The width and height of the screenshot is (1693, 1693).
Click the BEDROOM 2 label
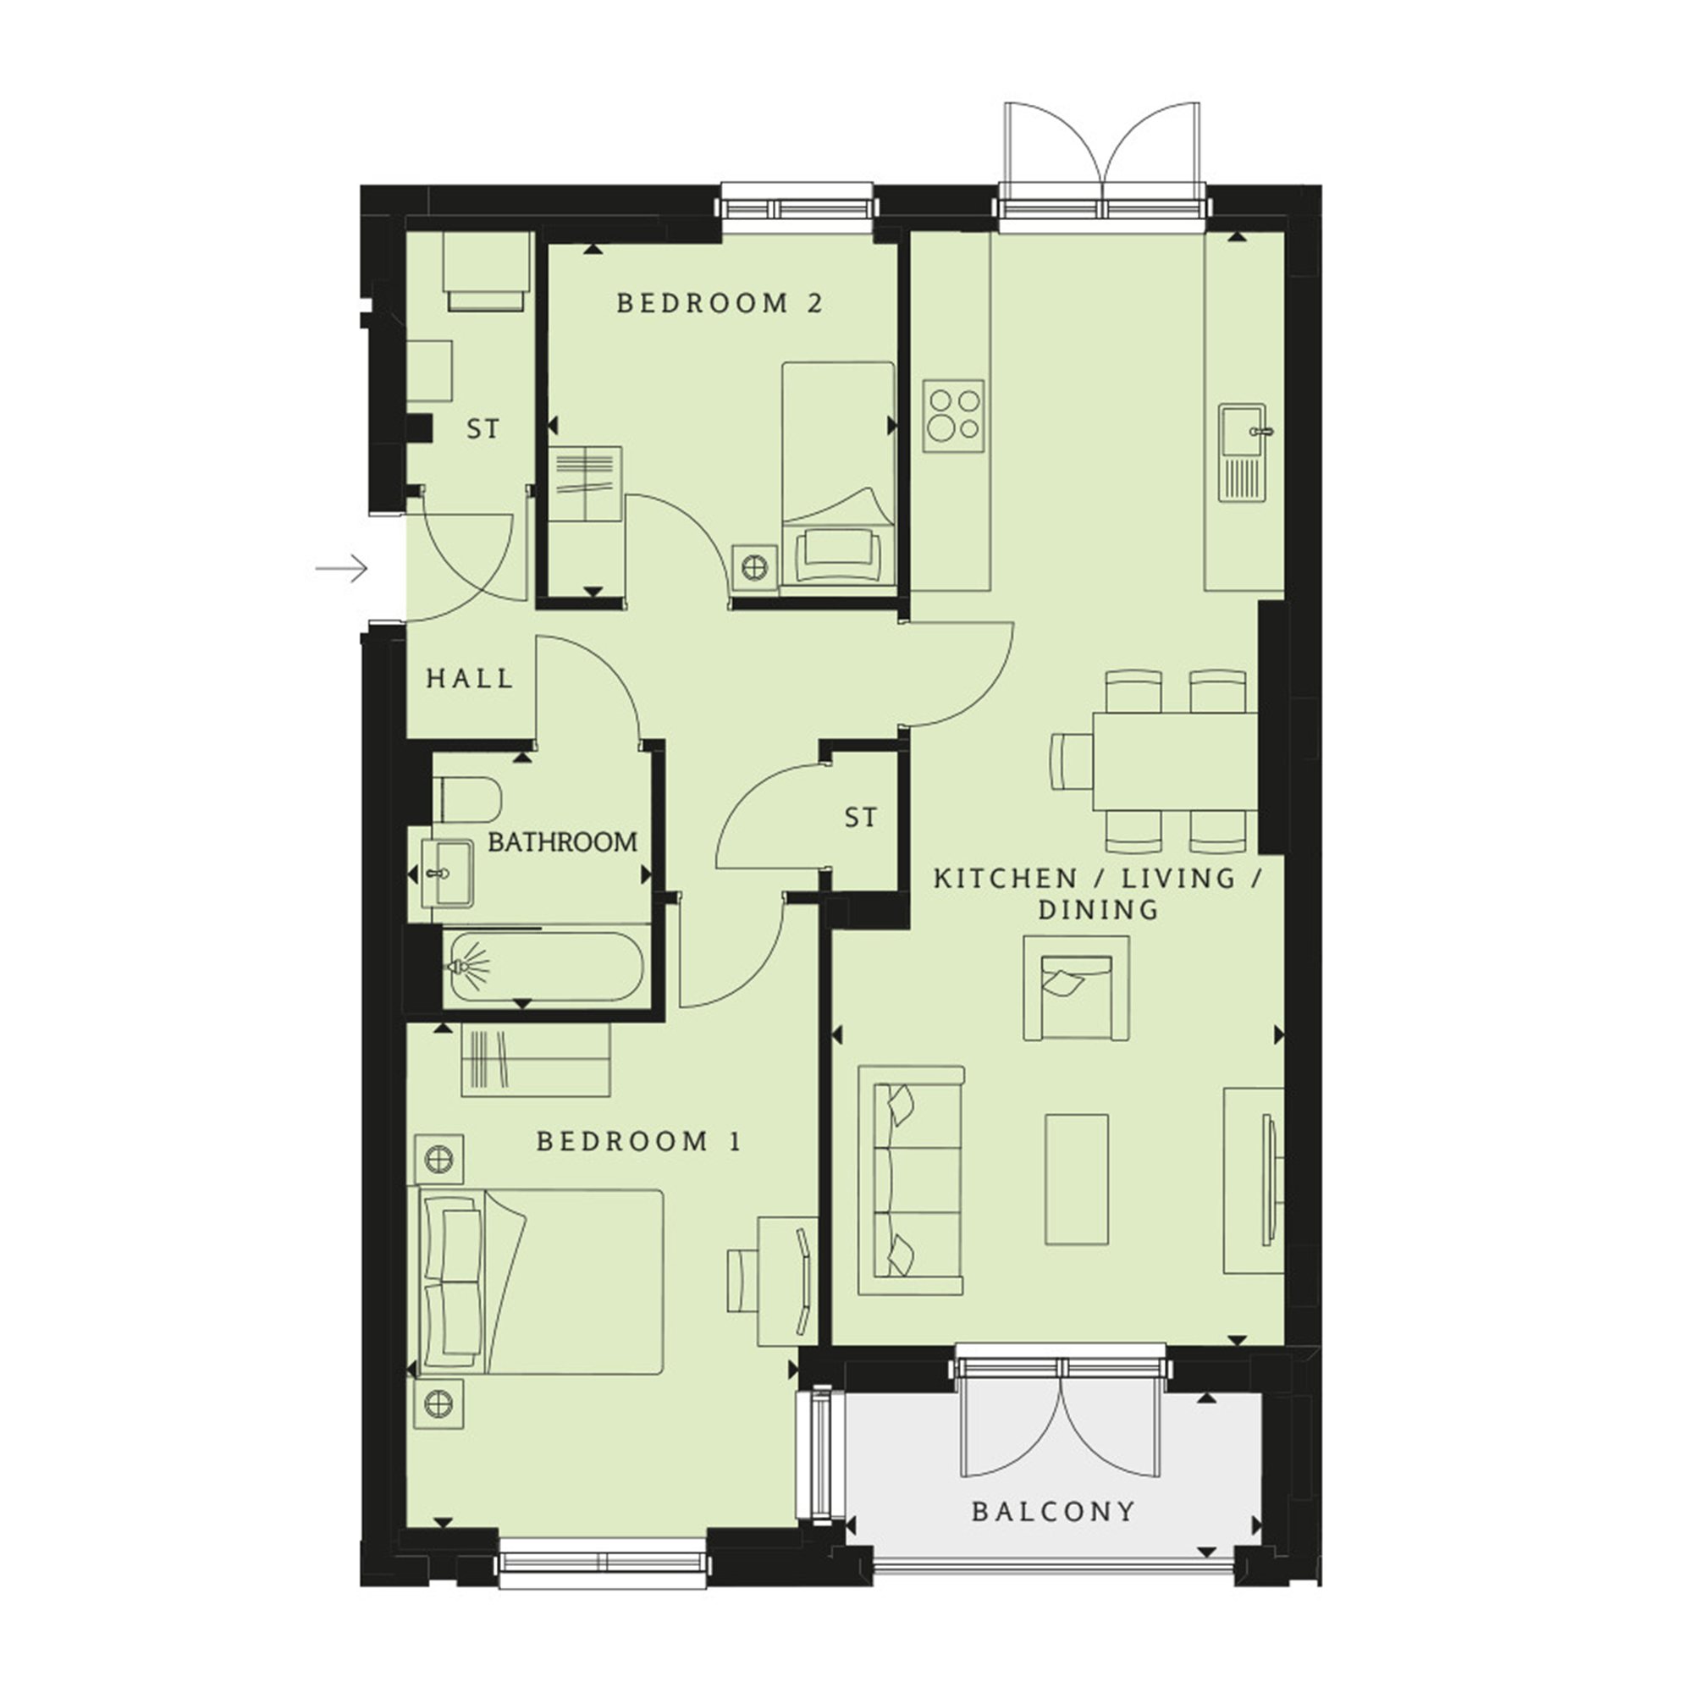coord(720,303)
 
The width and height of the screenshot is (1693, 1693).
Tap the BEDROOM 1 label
coord(639,1141)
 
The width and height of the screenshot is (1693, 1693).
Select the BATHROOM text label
coord(563,842)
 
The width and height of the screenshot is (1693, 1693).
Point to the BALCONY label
coord(1053,1511)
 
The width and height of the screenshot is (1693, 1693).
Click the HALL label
coord(470,678)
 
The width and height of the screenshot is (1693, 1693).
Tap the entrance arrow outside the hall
coord(341,569)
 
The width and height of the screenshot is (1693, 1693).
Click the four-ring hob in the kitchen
coord(953,416)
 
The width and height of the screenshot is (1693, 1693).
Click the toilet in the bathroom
coord(467,799)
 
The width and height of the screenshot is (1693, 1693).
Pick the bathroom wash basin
coord(448,873)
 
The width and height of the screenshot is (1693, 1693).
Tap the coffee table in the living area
coord(1077,1179)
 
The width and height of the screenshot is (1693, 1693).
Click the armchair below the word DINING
coord(1077,988)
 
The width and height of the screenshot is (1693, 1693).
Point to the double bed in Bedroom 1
coord(536,1281)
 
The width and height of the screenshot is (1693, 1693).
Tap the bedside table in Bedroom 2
coord(754,567)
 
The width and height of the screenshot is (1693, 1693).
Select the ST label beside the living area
coord(860,818)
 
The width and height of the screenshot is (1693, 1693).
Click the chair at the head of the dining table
coord(1072,762)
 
